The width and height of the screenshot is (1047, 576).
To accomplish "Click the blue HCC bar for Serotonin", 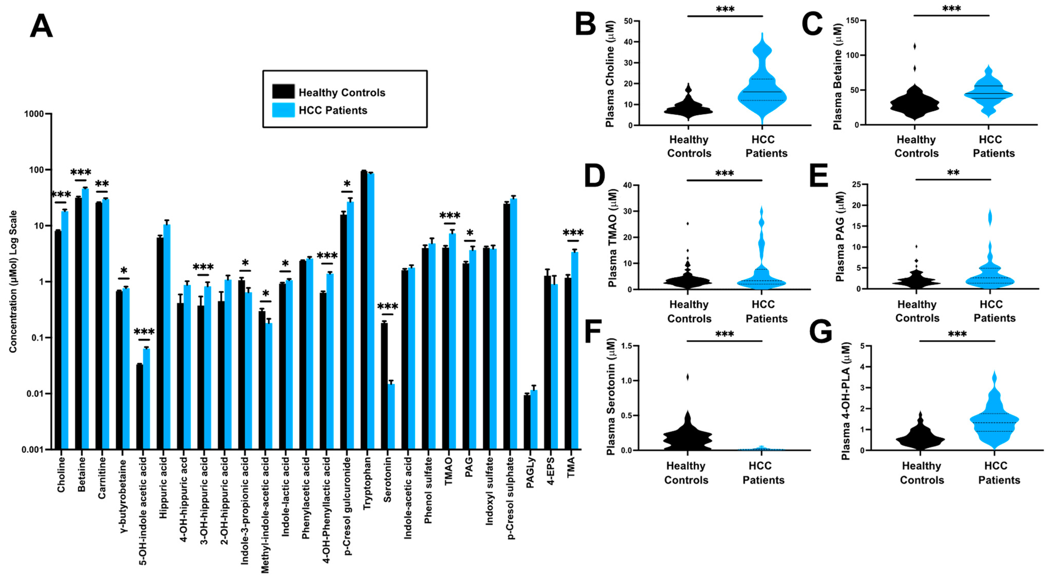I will coord(391,417).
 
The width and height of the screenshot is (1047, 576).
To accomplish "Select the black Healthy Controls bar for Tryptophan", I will coord(364,309).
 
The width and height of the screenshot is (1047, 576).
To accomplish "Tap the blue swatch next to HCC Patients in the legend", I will coord(283,110).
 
